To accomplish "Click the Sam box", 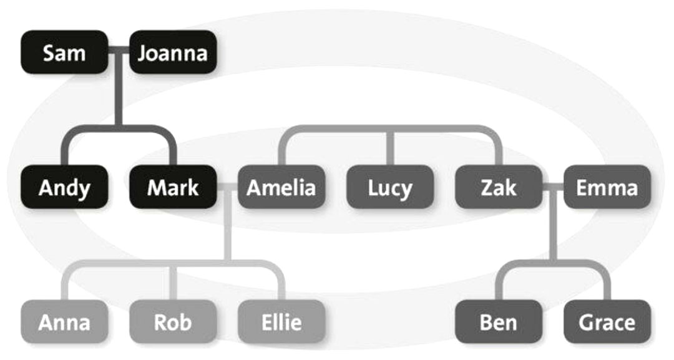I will (x=64, y=52).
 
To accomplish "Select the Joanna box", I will (x=172, y=52).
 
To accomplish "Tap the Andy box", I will (x=64, y=187).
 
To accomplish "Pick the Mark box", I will (x=172, y=187).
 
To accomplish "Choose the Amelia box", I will (x=281, y=187).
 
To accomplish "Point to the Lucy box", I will (x=389, y=187).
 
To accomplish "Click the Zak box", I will (x=499, y=187).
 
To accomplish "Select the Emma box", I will (x=607, y=187).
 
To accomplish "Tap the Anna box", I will (x=64, y=322).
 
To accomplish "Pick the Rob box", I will (x=172, y=322).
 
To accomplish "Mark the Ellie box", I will (x=281, y=322).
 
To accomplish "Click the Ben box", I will (x=499, y=322).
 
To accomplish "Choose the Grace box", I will (x=607, y=322).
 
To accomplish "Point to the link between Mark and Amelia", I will (x=227, y=187).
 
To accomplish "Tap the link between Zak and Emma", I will (x=553, y=187).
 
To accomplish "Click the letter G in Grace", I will (x=585, y=323).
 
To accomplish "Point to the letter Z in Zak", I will (x=487, y=187).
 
